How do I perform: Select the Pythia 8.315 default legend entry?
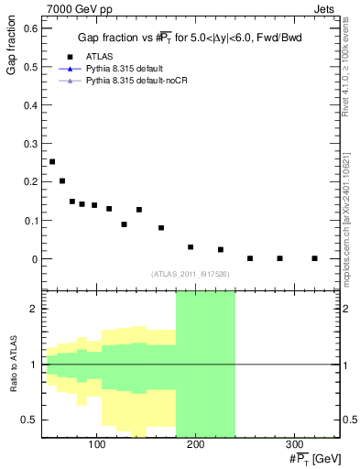click(x=129, y=69)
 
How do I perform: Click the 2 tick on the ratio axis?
click(x=36, y=309)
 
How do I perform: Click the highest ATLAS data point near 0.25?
click(x=52, y=161)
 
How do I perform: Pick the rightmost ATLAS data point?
click(x=314, y=258)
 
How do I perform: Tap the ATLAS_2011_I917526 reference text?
click(x=191, y=274)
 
